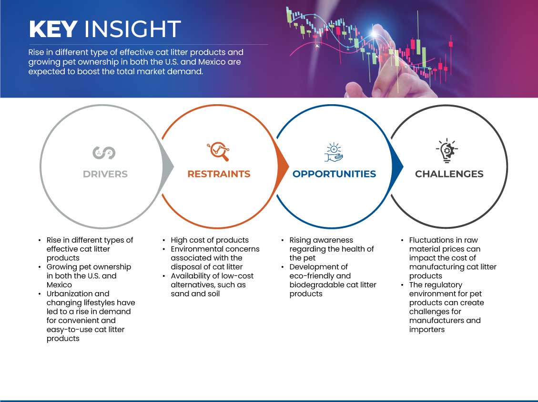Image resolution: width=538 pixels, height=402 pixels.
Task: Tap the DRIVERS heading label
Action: click(105, 174)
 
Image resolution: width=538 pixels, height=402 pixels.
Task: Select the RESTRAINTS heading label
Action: click(219, 174)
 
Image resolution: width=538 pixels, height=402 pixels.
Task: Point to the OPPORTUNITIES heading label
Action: click(334, 174)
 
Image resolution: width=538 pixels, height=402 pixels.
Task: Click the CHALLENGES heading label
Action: click(449, 174)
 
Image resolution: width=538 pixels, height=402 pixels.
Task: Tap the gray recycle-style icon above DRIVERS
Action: click(104, 152)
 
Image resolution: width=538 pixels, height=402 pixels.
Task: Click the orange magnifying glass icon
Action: click(218, 151)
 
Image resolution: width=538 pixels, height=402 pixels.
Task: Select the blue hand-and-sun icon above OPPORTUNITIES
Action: click(334, 152)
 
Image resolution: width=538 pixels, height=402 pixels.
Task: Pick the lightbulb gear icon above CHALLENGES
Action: click(447, 151)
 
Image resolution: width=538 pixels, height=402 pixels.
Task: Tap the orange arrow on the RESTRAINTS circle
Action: click(283, 167)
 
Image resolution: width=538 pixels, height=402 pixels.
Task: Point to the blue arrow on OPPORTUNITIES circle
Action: click(397, 167)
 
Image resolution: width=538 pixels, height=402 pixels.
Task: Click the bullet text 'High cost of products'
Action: click(210, 240)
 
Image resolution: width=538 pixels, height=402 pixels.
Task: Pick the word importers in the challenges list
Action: click(427, 330)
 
